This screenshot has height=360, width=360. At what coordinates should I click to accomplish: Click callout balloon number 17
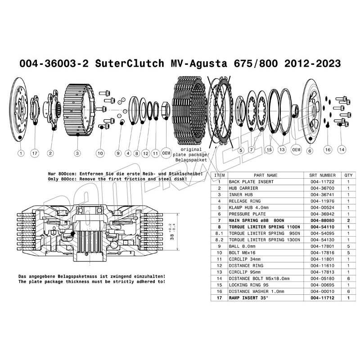[x=35, y=153]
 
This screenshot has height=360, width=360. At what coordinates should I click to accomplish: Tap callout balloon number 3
[x=77, y=153]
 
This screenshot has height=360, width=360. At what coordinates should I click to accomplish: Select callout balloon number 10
[x=100, y=153]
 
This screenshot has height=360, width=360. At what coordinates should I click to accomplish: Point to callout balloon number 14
[x=342, y=149]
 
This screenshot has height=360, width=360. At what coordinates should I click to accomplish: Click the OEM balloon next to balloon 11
[x=166, y=153]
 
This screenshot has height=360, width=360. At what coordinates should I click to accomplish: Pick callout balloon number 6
[x=310, y=151]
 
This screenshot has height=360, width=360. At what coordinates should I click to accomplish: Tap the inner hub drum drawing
[x=79, y=110]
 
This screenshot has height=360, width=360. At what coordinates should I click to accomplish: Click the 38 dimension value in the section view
[x=172, y=235]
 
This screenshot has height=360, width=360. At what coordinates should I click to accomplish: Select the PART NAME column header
[x=265, y=175]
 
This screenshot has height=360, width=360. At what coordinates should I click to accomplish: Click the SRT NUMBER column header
[x=322, y=175]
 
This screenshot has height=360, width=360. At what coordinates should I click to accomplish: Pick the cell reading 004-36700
[x=322, y=188]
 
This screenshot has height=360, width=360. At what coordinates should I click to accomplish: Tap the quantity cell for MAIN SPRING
[x=348, y=220]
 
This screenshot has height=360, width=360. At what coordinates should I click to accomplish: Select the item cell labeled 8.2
[x=219, y=240]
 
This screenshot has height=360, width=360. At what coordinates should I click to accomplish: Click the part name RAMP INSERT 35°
[x=248, y=298]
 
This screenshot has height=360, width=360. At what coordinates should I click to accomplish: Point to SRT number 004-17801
[x=322, y=246]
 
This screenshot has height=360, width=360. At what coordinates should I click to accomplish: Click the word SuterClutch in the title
[x=130, y=63]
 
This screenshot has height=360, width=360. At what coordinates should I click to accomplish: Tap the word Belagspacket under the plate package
[x=191, y=160]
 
